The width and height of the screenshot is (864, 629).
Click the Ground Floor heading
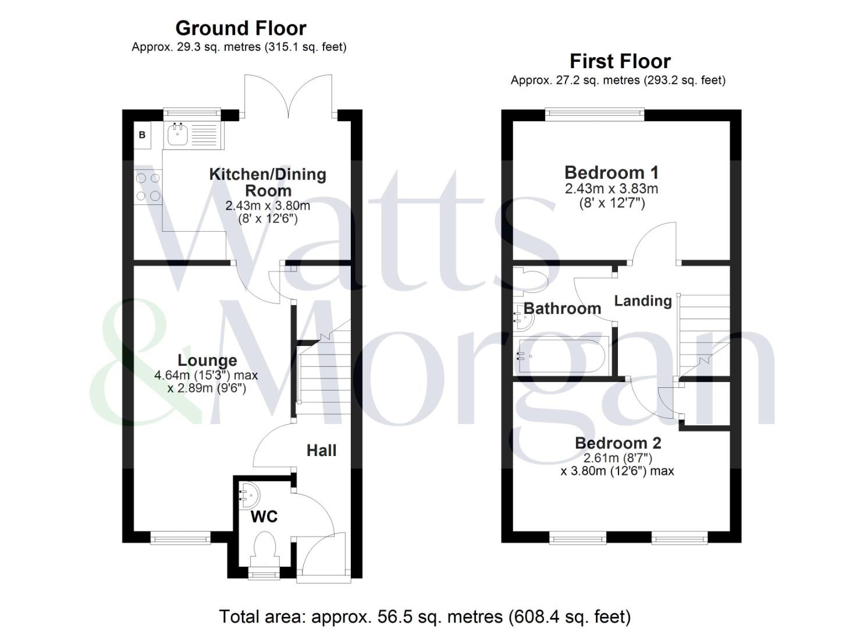click(x=240, y=28)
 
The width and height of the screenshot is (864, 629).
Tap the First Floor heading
click(x=620, y=61)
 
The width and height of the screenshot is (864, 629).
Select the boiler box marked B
click(x=142, y=135)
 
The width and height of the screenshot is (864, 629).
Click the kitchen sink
click(x=177, y=135)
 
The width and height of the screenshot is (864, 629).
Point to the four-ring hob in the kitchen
click(x=148, y=188)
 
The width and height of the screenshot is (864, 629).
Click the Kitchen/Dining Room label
click(x=268, y=182)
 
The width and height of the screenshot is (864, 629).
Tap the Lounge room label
click(x=207, y=361)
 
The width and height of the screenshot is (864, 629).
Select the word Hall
click(x=321, y=450)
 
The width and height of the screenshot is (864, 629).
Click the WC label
click(x=264, y=517)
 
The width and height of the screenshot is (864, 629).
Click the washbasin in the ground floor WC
click(x=250, y=495)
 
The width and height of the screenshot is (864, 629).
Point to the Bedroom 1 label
click(x=611, y=172)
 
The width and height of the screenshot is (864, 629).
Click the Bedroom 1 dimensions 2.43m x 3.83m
click(x=611, y=189)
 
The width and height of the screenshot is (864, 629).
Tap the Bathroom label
click(x=562, y=308)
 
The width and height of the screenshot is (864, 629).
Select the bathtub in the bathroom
click(x=561, y=355)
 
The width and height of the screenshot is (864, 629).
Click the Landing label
click(x=643, y=301)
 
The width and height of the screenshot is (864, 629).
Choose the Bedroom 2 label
click(x=618, y=443)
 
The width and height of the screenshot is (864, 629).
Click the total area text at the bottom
click(x=425, y=616)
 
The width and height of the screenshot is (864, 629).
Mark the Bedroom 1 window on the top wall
click(x=595, y=115)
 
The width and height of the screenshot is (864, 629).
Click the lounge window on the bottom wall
click(x=180, y=537)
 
